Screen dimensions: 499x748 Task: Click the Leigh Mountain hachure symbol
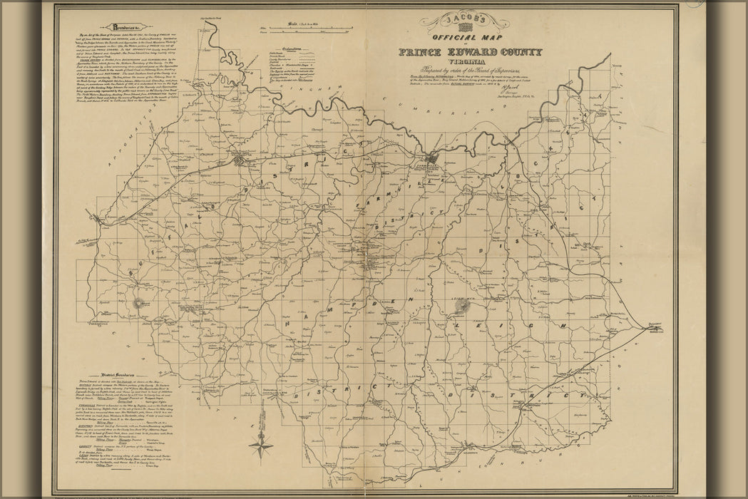pos(463,307)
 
